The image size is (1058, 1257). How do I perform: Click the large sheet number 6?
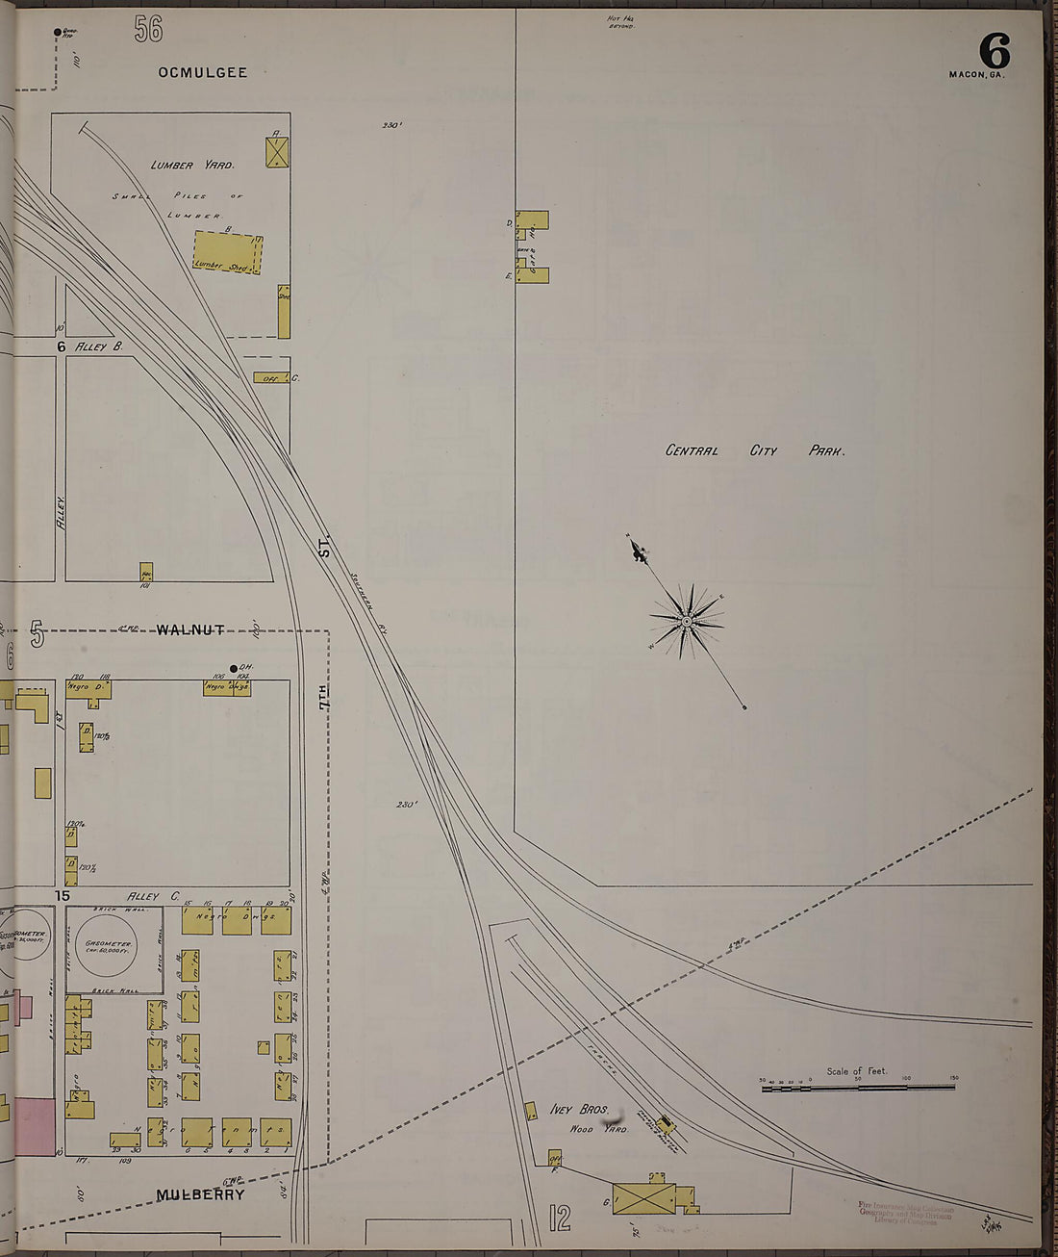coord(995,50)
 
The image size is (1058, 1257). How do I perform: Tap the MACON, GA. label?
coord(976,74)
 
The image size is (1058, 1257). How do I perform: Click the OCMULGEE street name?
coord(203,72)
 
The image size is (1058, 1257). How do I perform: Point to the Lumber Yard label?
coord(192,165)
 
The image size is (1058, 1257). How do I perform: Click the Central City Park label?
coord(755,450)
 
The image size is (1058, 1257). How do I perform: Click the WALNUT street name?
coord(189,629)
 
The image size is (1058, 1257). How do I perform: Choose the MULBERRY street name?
coord(200,1194)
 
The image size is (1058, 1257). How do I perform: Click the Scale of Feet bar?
coord(858,1087)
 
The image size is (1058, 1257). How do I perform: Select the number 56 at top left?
coord(148,30)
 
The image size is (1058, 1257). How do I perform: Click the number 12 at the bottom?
coord(560,1219)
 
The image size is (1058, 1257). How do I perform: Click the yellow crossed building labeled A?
coord(278,152)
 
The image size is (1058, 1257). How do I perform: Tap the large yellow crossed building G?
coord(643,1198)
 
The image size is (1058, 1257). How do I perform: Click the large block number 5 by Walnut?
coord(38,635)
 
